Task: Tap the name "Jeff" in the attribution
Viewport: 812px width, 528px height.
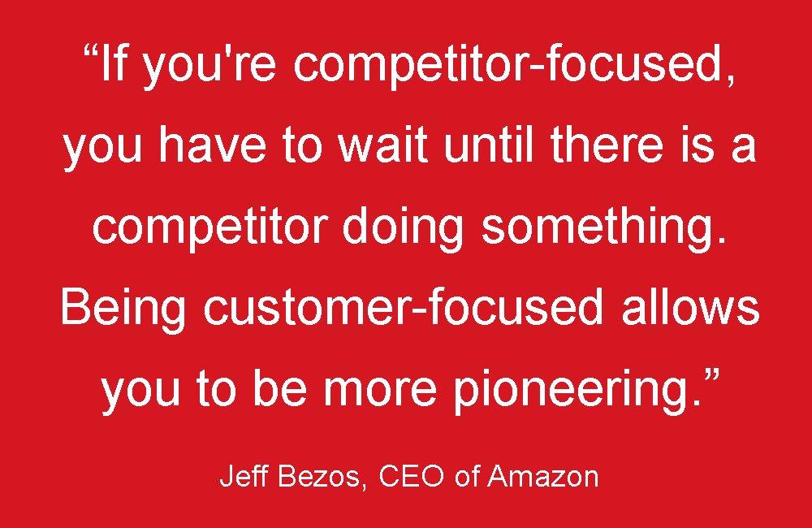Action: point(236,476)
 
